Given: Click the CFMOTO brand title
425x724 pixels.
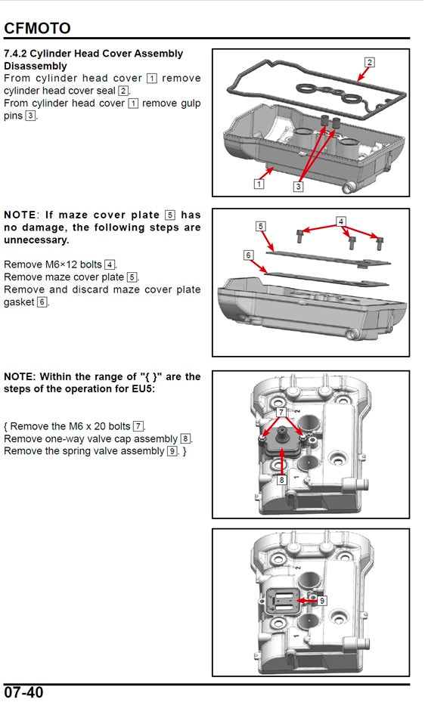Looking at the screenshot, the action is pos(37,28).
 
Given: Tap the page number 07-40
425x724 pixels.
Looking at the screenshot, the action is pos(23,692).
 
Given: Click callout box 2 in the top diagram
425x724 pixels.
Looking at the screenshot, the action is pos(369,62).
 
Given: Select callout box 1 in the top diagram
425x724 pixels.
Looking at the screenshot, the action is pos(259,184).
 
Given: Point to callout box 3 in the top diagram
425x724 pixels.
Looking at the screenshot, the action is pos(299,187).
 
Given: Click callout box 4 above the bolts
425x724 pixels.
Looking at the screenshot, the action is pos(341,221).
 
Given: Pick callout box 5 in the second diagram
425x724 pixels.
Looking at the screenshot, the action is pos(261,226).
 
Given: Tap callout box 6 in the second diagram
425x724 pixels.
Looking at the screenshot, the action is pos(249,255).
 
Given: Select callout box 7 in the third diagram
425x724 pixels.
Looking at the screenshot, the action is pos(281,412).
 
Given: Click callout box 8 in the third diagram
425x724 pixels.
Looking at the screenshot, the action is pos(281,480).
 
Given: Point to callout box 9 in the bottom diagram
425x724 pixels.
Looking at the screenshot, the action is pos(322,601).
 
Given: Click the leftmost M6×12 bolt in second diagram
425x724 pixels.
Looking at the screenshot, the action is pos(300,235).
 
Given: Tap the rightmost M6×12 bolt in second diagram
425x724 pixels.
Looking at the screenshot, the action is pos(380,243).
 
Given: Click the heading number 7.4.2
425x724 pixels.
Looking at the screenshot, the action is pos(15,54).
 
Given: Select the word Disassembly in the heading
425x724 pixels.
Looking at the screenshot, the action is pos(35,66).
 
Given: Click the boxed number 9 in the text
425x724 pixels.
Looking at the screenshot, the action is pos(172,451).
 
